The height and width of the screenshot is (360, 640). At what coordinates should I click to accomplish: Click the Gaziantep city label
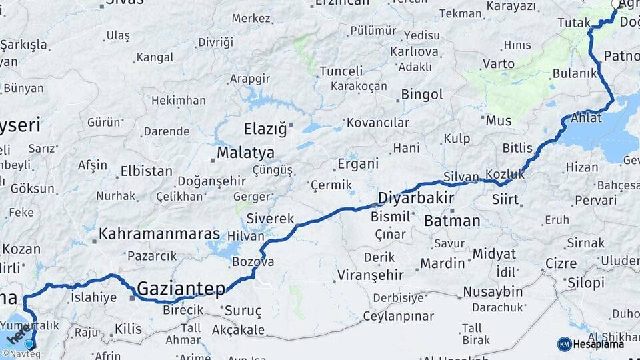coord(180,289)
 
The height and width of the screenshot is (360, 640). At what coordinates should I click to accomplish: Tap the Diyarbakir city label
coord(416,198)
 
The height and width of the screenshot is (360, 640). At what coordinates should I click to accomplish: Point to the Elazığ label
coord(265,128)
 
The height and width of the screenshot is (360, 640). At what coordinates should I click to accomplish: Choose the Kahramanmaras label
coord(159,234)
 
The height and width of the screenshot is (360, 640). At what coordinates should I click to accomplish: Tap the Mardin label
coord(442,263)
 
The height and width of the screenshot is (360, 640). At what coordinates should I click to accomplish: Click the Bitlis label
coord(517,147)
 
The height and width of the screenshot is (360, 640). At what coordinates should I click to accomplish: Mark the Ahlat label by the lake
coord(586,119)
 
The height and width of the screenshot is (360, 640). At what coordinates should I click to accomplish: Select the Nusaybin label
coord(493,291)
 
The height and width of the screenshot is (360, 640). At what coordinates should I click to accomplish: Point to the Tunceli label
coord(341,71)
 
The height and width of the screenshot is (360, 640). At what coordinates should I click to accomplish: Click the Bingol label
coord(422,95)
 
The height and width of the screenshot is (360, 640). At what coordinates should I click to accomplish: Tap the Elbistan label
coord(146,171)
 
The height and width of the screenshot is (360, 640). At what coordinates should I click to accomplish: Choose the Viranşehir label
coord(371,275)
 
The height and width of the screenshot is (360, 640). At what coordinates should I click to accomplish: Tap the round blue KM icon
coord(564,344)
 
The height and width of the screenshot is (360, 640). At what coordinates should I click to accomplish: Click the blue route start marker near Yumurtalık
coord(29,344)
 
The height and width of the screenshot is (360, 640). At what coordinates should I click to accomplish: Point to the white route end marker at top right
coord(616,4)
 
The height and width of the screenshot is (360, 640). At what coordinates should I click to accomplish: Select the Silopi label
coord(585,283)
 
